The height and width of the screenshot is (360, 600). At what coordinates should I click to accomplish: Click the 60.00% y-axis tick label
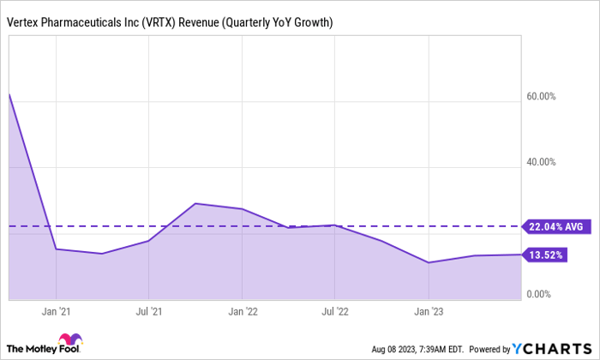coord(542,97)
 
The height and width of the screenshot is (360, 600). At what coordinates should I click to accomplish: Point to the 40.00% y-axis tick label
coord(542,162)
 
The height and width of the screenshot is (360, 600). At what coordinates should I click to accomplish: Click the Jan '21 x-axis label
coord(56,312)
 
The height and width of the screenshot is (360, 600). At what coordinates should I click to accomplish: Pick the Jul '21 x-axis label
coord(149,312)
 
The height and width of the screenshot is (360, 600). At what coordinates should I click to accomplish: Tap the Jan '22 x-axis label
coord(243,312)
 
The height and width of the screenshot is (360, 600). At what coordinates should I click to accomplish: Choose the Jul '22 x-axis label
coord(336,312)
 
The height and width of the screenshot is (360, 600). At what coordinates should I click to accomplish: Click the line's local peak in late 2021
coord(195,203)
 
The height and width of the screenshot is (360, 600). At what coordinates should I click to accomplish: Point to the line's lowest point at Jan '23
coord(429,262)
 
